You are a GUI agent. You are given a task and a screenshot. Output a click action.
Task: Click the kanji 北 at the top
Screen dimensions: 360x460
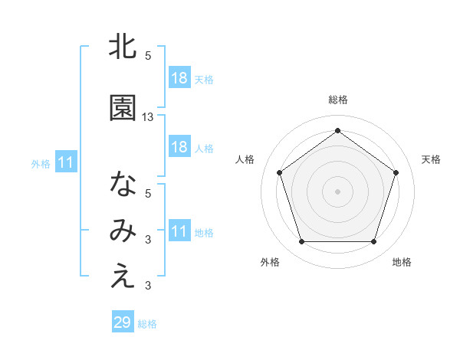[123, 47]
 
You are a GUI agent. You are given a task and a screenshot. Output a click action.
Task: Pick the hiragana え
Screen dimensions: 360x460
[123, 277]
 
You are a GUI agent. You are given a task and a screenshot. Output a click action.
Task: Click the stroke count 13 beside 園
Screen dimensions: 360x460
[148, 117]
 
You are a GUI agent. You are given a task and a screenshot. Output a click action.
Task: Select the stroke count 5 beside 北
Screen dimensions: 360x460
[148, 56]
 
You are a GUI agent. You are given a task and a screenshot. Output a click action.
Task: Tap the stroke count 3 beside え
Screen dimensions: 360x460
[148, 286]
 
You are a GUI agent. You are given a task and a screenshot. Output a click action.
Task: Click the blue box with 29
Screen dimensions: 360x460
[123, 322]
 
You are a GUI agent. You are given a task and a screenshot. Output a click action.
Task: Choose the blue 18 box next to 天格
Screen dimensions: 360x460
[179, 78]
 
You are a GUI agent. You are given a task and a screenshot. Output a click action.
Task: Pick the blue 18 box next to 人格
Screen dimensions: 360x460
[179, 147]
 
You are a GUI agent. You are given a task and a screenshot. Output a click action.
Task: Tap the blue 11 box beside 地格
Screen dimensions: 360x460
[179, 231]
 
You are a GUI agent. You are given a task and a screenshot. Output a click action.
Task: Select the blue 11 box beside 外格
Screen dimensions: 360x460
[65, 162]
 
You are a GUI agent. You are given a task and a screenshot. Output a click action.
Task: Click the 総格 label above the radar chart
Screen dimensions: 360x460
[338, 100]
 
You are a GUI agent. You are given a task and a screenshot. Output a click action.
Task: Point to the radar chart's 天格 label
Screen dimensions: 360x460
[431, 159]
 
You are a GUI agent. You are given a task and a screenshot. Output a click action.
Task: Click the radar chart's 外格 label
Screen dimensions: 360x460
[270, 262]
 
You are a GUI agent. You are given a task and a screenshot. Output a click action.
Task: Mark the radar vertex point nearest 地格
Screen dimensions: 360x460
[373, 242]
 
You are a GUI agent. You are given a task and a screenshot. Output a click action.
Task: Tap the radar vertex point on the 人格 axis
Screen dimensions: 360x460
[279, 172]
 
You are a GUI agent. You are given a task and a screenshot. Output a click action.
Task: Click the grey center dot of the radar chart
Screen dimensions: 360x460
[337, 191]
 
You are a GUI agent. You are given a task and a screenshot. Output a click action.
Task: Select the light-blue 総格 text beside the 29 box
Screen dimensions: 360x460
[147, 324]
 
